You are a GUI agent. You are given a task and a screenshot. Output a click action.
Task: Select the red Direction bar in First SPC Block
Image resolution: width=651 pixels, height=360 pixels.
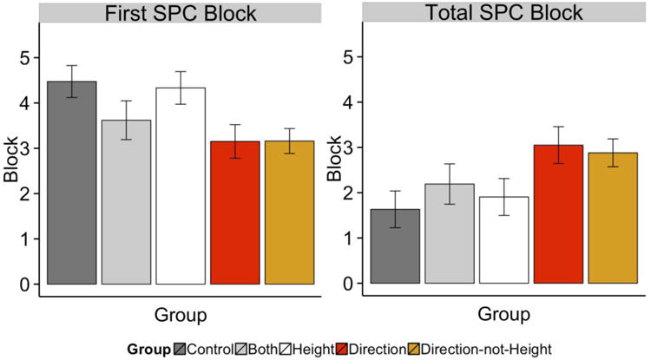(236, 213)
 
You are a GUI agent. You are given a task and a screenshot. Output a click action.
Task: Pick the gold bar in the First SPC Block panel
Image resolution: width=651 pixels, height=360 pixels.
(290, 213)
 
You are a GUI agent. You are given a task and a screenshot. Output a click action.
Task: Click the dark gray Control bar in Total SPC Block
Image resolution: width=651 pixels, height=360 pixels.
(395, 246)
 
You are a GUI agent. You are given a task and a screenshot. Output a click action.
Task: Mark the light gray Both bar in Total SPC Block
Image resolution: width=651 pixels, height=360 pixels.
(449, 233)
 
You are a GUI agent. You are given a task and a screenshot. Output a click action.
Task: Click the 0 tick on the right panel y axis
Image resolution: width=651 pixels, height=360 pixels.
(347, 284)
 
